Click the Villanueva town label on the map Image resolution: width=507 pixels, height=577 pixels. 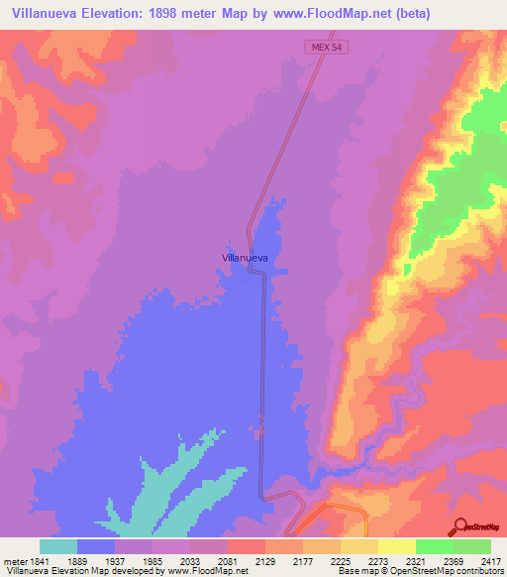tap(245, 257)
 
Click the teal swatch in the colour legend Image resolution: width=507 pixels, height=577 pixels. tap(58, 546)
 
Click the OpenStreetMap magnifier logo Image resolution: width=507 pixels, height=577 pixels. tap(459, 525)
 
